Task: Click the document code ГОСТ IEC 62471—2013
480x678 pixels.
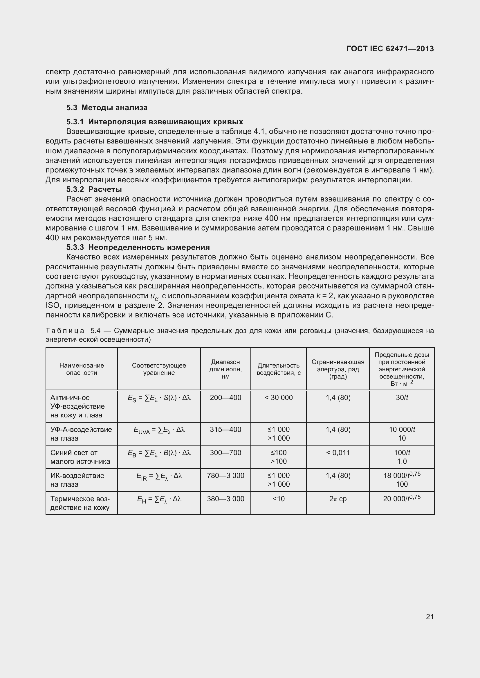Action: [390, 49]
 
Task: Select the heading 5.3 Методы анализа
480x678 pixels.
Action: [107, 108]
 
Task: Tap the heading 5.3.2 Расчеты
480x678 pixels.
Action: [94, 189]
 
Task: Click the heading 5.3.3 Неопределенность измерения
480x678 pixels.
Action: [138, 247]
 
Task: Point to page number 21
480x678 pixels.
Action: [430, 617]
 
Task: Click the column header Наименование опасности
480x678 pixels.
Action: [82, 369]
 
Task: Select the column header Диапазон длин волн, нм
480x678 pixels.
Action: [225, 369]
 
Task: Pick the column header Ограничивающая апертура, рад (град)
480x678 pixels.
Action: [338, 369]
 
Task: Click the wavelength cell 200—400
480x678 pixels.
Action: [225, 398]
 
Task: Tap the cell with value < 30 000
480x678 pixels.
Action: [278, 398]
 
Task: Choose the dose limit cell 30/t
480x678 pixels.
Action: [402, 398]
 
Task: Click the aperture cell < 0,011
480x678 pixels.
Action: [338, 453]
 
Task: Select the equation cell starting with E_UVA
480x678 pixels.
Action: [159, 430]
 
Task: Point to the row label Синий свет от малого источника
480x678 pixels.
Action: [80, 457]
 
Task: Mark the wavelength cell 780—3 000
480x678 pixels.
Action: [225, 476]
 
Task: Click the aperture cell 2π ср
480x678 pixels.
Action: [338, 499]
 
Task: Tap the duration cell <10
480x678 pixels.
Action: [278, 499]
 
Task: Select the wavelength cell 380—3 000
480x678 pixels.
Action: [225, 499]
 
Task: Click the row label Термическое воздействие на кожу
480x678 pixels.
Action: [80, 503]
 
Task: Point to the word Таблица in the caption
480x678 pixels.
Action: [65, 331]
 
